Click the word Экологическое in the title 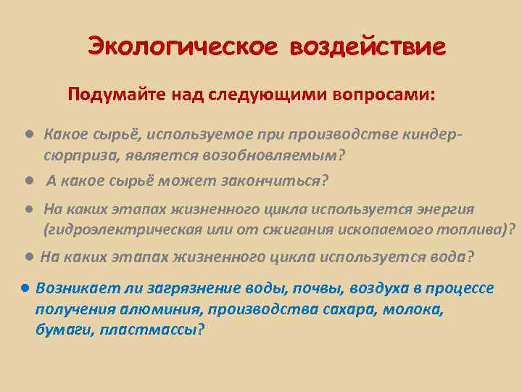182,46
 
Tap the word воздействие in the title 368,46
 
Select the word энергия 445,209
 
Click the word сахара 347,309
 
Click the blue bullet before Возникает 25,287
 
